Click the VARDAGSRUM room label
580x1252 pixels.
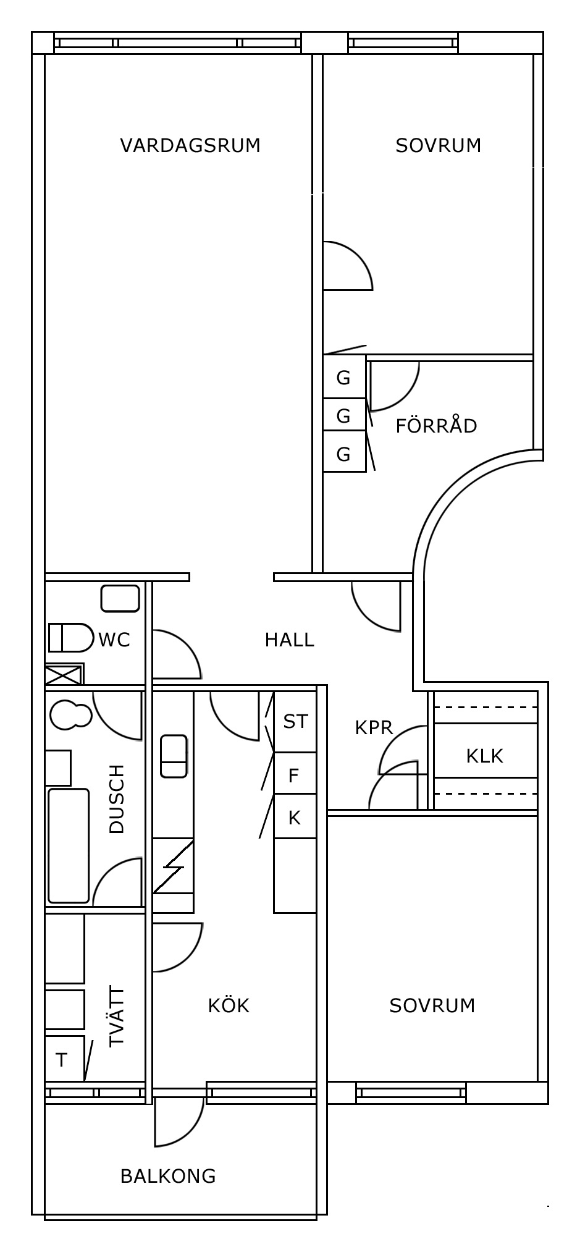[190, 145]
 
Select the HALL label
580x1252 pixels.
[290, 640]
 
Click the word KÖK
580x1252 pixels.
[229, 1005]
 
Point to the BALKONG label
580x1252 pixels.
[168, 1176]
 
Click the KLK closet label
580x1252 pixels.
[485, 756]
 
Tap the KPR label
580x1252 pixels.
[374, 728]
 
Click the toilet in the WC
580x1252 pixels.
[70, 638]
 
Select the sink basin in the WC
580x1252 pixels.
[120, 599]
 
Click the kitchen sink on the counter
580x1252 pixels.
[174, 756]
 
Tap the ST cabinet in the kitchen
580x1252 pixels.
[295, 721]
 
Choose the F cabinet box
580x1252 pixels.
[295, 775]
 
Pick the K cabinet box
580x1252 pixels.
[295, 818]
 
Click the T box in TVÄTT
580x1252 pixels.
[64, 1060]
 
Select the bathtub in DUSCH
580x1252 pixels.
[69, 845]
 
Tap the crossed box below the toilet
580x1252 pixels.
[64, 674]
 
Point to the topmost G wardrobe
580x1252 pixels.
[344, 377]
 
